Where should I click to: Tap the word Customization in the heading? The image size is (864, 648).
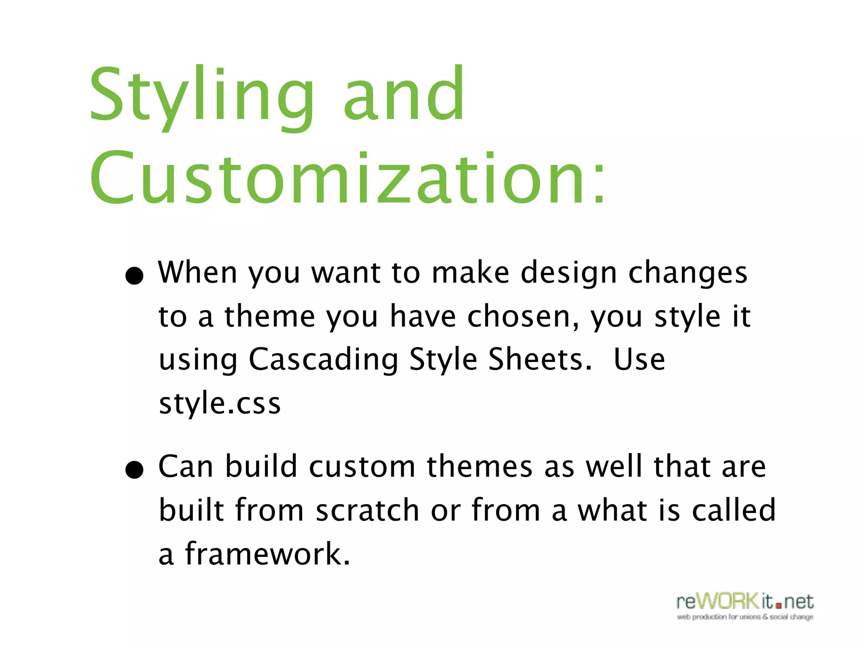(337, 179)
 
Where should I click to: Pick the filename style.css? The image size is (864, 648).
(219, 404)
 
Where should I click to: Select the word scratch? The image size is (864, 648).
(367, 510)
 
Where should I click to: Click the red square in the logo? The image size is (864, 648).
(779, 605)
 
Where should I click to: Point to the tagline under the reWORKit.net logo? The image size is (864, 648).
(745, 617)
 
